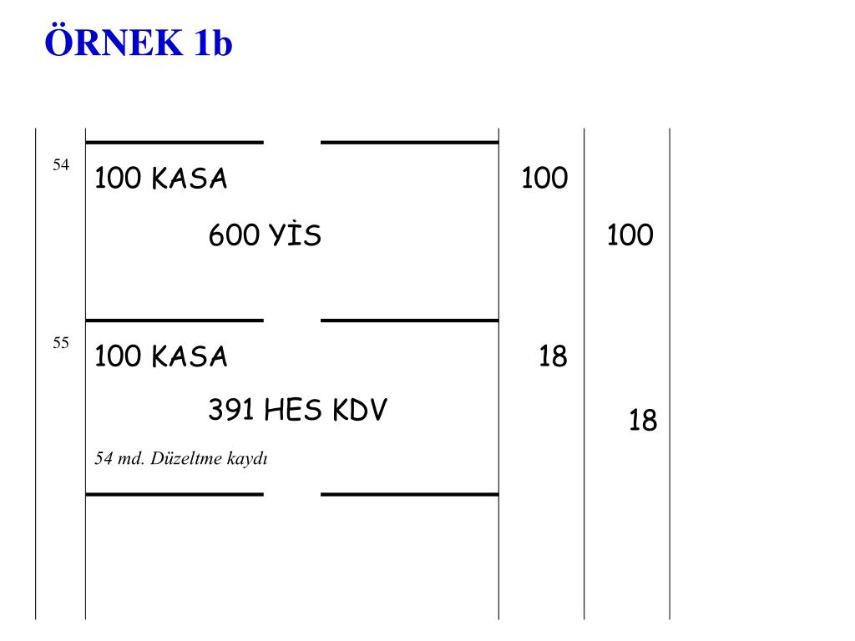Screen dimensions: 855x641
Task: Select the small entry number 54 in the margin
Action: (x=61, y=165)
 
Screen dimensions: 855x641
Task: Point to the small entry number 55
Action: (x=61, y=343)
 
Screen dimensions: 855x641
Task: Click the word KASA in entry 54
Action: (x=190, y=179)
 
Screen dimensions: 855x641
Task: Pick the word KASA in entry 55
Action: (x=190, y=357)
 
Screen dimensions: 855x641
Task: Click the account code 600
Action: (x=234, y=236)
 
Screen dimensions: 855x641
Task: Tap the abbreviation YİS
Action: (x=295, y=236)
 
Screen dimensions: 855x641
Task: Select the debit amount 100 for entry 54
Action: (x=544, y=179)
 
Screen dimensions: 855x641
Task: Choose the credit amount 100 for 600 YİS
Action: (x=630, y=236)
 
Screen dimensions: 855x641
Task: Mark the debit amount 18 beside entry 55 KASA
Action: (x=553, y=357)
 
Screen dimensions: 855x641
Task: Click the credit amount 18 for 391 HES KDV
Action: (x=643, y=421)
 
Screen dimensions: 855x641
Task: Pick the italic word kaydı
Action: (x=246, y=460)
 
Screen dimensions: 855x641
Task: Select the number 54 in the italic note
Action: (x=104, y=459)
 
